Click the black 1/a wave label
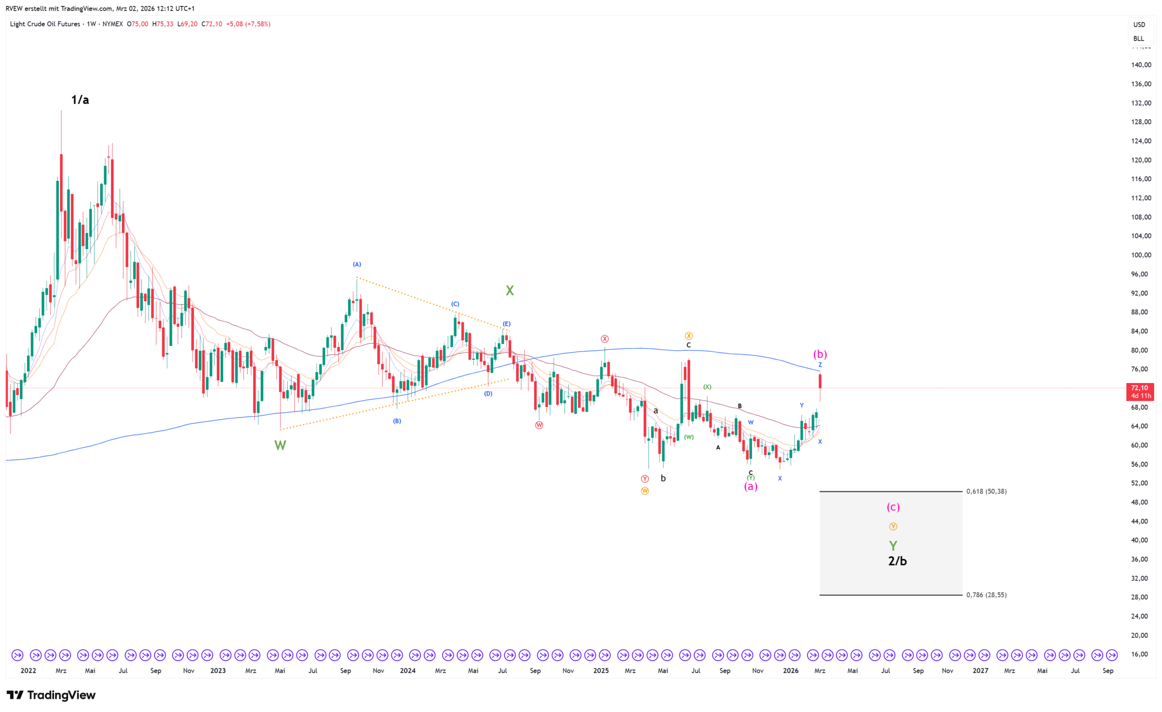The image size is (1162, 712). (x=79, y=99)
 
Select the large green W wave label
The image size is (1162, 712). (x=280, y=445)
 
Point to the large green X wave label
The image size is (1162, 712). (x=509, y=290)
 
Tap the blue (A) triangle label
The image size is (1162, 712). (x=357, y=264)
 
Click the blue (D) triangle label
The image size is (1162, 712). (x=488, y=393)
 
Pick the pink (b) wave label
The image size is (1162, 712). (x=819, y=354)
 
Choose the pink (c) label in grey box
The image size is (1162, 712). (x=893, y=507)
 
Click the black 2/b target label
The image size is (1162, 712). (x=897, y=560)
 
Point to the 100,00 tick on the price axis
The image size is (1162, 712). (x=1140, y=255)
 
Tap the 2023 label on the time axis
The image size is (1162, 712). (x=218, y=671)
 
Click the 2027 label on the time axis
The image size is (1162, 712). (x=980, y=671)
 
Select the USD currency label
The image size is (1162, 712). (x=1139, y=25)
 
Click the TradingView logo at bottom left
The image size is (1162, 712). (x=51, y=695)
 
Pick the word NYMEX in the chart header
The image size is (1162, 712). (x=112, y=24)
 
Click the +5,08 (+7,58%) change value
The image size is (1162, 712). (x=248, y=24)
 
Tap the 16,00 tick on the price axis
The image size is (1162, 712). (x=1140, y=654)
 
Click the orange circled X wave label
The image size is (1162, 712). (x=688, y=336)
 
